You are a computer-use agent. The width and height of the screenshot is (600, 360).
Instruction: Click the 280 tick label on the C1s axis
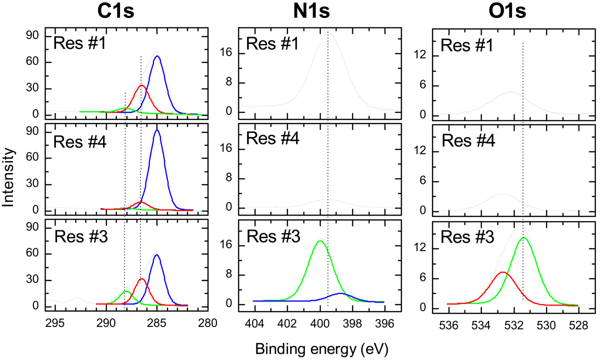207,321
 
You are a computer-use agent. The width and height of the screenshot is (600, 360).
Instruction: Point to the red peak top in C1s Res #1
141,85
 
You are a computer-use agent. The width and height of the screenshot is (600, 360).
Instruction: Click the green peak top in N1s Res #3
320,241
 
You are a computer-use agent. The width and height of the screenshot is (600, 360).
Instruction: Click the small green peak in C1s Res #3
126,291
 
